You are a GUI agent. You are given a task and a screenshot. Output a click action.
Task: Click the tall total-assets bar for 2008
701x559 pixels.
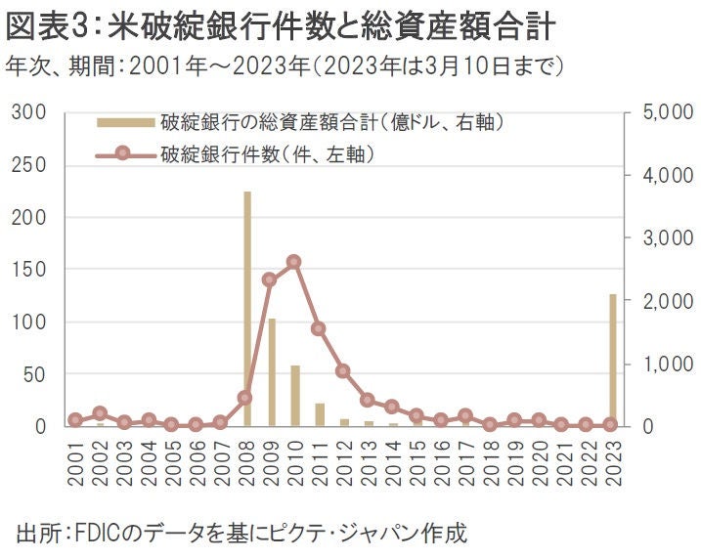(246, 309)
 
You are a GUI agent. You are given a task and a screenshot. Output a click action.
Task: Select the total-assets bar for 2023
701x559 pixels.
(612, 360)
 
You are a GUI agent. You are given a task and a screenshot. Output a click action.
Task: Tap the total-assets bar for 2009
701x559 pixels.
(271, 372)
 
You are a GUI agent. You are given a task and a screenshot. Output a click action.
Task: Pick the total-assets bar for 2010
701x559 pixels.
(294, 396)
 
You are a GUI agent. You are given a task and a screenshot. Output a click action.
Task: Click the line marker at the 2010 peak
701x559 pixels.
(294, 262)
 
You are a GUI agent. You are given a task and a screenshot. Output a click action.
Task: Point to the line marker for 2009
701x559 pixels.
(270, 279)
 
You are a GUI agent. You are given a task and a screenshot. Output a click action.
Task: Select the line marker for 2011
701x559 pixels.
(319, 328)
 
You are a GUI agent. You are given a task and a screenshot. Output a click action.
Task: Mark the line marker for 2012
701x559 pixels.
(343, 371)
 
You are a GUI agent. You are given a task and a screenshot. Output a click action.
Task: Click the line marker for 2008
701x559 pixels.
(245, 398)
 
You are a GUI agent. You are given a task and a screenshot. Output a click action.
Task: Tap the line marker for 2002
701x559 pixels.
(100, 413)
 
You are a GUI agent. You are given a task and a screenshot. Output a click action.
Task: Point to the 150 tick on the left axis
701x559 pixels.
(31, 270)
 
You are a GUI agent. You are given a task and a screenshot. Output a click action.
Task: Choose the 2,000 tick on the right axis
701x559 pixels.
(668, 301)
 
